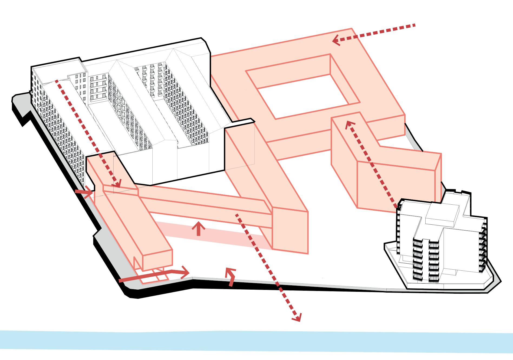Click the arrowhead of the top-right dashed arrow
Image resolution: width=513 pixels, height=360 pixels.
pyautogui.click(x=336, y=41)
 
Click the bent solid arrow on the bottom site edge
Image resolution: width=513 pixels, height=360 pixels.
pyautogui.click(x=231, y=279)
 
